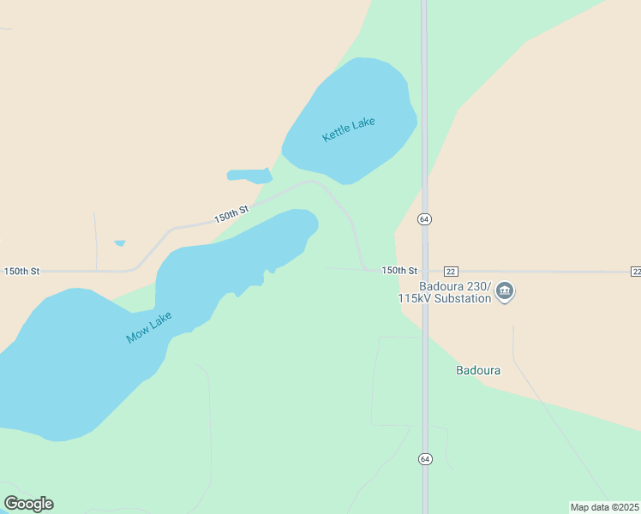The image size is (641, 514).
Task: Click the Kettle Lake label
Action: (x=349, y=129)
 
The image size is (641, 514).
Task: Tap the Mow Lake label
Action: (x=149, y=327)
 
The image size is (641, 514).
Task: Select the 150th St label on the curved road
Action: (x=231, y=213)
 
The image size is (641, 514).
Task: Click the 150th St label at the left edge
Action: (x=21, y=271)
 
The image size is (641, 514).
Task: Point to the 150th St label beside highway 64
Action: (x=399, y=270)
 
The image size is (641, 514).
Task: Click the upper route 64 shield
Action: (x=424, y=219)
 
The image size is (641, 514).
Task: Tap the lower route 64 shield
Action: (x=425, y=459)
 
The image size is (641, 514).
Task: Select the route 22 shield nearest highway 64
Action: (x=452, y=271)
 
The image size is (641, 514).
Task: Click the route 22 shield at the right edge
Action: (x=635, y=271)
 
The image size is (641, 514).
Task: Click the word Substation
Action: (x=464, y=298)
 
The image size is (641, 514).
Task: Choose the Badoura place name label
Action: (x=477, y=371)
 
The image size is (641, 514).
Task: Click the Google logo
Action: (x=28, y=503)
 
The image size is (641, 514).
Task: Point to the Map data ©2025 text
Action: (x=604, y=506)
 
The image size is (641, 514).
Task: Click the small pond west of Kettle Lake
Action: (x=249, y=176)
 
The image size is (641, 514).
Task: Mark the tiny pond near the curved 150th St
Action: (x=120, y=243)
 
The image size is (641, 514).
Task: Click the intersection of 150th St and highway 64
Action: (x=424, y=271)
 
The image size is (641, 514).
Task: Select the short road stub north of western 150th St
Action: (x=96, y=240)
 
